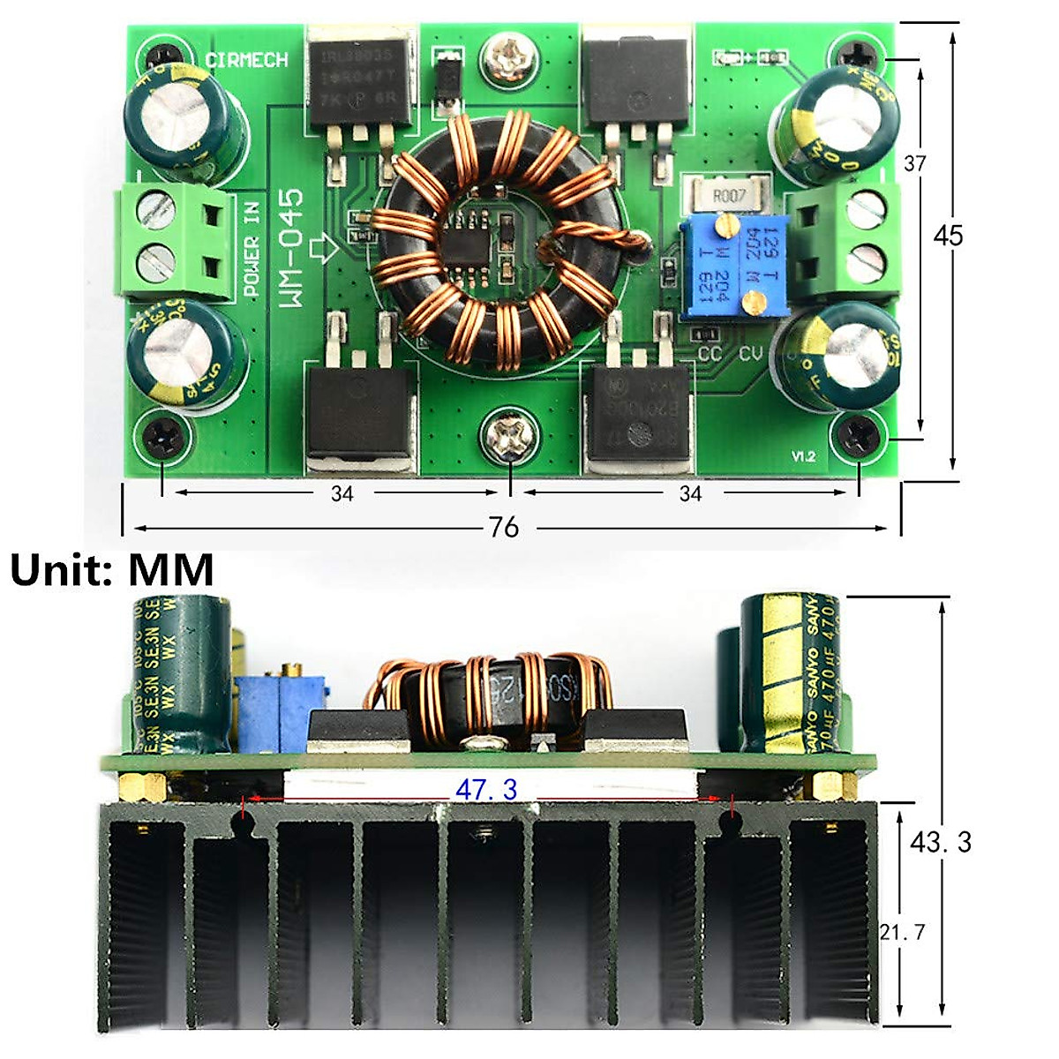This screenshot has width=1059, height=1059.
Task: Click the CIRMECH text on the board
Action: pyautogui.click(x=246, y=60)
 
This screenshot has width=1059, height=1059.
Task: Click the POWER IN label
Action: pyautogui.click(x=252, y=253)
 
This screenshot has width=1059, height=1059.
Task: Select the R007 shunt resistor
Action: pyautogui.click(x=729, y=195)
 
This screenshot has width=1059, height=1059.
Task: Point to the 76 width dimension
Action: pyautogui.click(x=503, y=528)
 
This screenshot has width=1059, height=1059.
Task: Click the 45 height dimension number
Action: pyautogui.click(x=949, y=236)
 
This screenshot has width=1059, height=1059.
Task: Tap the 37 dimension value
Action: pyautogui.click(x=915, y=163)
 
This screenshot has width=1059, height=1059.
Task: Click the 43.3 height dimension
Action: pyautogui.click(x=941, y=842)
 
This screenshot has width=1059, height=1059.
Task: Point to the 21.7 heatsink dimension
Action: pyautogui.click(x=902, y=932)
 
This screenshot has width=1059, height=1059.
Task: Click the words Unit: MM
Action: pyautogui.click(x=112, y=570)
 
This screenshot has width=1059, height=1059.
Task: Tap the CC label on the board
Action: pyautogui.click(x=710, y=354)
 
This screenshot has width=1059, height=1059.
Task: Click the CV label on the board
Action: pyautogui.click(x=750, y=354)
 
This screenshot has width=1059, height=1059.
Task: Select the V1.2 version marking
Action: pyautogui.click(x=802, y=456)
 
